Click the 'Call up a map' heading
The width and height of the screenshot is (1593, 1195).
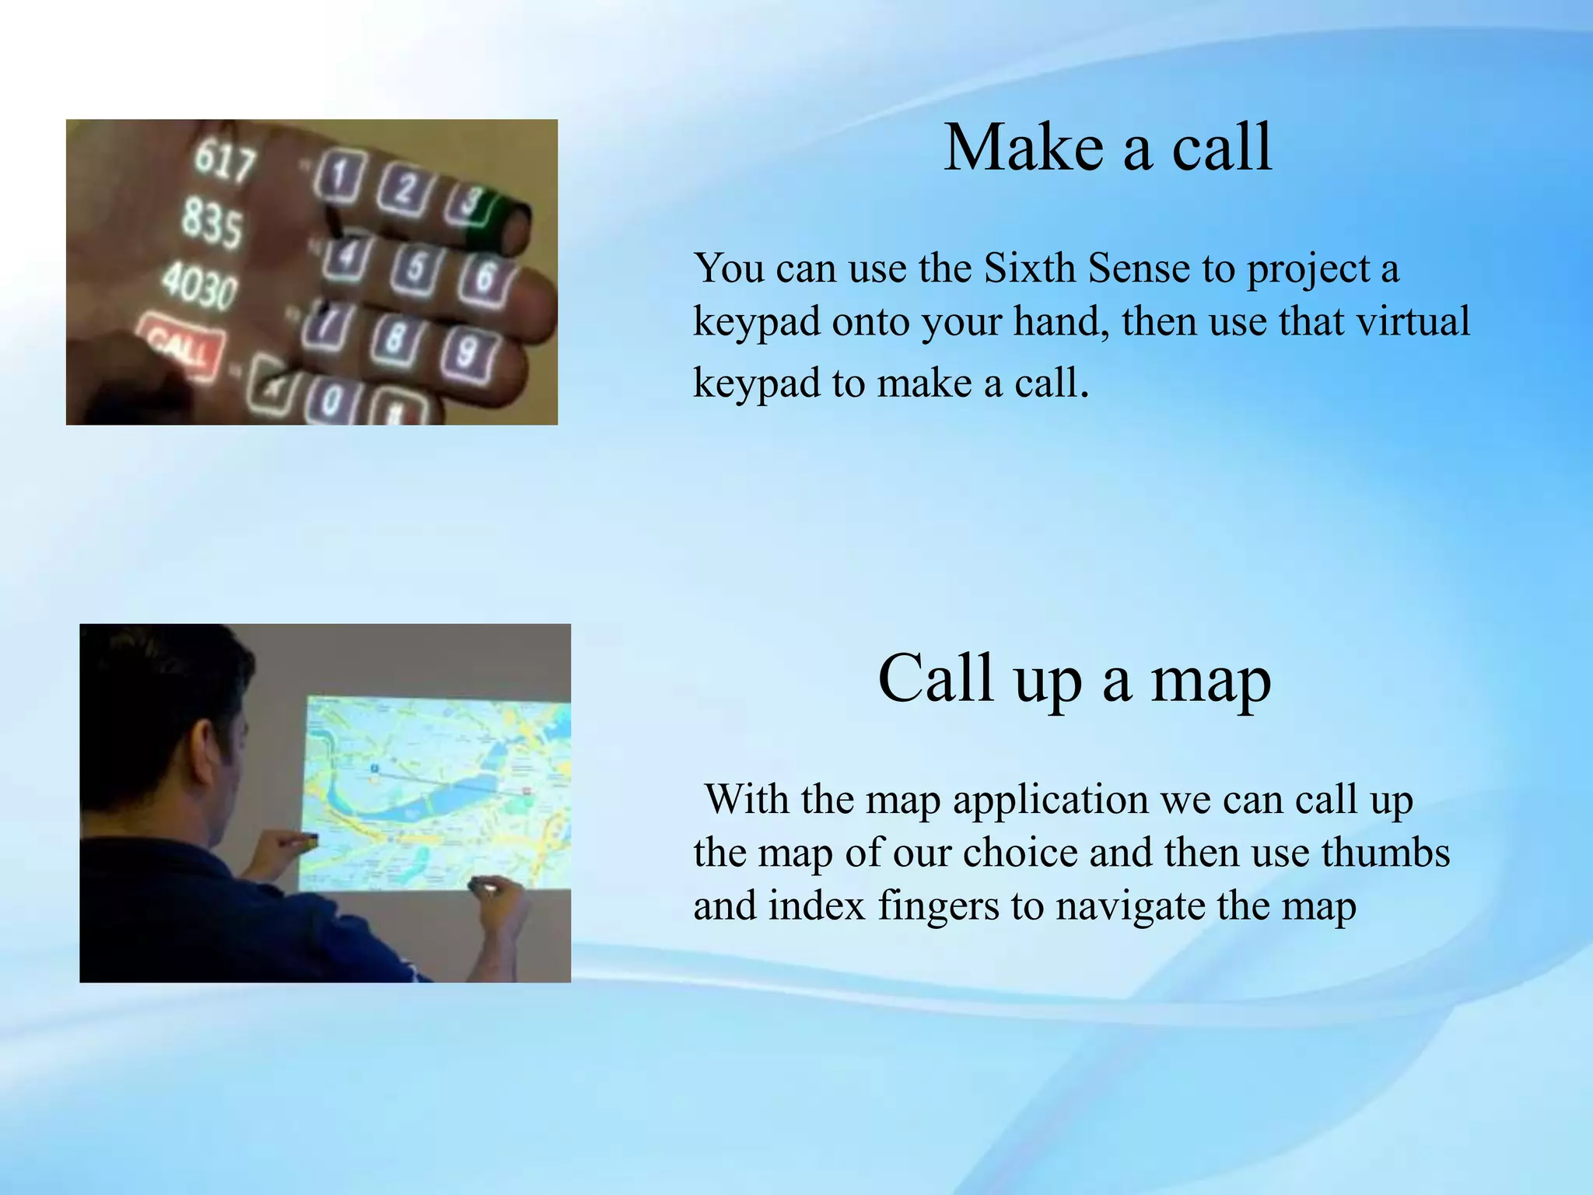(x=1074, y=678)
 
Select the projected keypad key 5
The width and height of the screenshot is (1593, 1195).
(x=415, y=267)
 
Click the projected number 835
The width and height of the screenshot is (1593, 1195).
(x=212, y=223)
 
